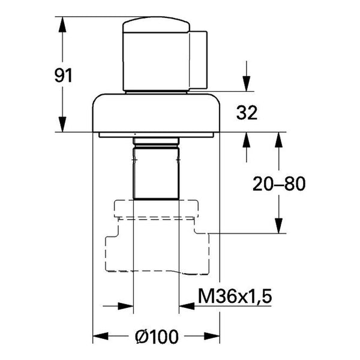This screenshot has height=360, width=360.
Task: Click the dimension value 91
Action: tap(64, 76)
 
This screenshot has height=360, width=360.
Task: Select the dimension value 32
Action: tap(247, 113)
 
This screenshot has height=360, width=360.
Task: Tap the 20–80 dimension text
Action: tap(279, 184)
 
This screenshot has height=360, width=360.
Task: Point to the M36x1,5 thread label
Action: tap(235, 296)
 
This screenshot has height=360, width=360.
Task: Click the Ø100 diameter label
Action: tap(157, 337)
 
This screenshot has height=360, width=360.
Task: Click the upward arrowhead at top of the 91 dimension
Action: tap(62, 25)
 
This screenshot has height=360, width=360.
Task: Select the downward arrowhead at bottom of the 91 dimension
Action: tap(62, 124)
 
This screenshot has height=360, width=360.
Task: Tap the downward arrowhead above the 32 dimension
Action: tap(247, 84)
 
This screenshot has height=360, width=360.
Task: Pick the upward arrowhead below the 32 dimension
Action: tap(247, 140)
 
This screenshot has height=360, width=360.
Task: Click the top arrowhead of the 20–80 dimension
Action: tap(279, 140)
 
